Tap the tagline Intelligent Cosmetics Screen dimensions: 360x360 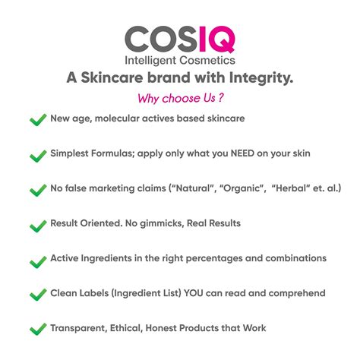(179, 60)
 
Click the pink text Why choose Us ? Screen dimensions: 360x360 (179, 98)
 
